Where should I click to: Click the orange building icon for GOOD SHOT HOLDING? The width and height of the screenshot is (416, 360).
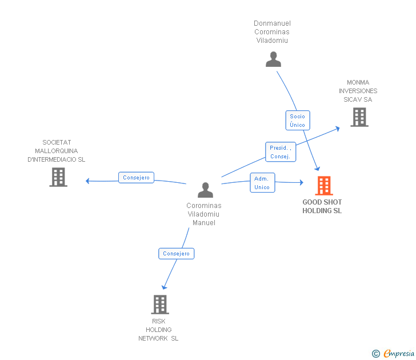click(x=324, y=186)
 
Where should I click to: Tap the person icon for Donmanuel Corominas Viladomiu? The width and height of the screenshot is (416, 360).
click(x=273, y=59)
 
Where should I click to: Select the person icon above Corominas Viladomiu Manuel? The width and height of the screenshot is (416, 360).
click(x=205, y=190)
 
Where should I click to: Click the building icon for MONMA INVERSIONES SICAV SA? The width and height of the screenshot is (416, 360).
click(x=359, y=117)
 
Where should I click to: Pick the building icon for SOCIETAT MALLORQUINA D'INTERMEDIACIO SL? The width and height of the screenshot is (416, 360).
click(x=58, y=177)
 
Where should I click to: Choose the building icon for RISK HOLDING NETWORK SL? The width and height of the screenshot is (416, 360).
click(x=160, y=305)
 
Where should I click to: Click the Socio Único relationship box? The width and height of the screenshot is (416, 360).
click(x=298, y=121)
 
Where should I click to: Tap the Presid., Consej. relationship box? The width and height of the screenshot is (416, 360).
click(x=281, y=152)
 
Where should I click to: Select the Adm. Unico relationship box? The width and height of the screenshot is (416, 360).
click(x=262, y=182)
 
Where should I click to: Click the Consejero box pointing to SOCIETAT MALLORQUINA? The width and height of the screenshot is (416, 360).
click(x=136, y=178)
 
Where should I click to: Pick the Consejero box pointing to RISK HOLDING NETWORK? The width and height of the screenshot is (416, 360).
click(x=177, y=253)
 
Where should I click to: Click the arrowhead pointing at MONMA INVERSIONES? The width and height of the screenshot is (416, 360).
click(x=338, y=129)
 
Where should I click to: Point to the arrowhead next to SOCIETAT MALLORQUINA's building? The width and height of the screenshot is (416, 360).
click(x=87, y=181)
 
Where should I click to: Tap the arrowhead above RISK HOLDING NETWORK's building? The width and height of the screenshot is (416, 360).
click(x=164, y=287)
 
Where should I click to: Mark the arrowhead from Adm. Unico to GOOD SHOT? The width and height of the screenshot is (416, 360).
click(x=301, y=182)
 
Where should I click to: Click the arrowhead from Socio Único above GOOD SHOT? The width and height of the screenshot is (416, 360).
click(x=317, y=169)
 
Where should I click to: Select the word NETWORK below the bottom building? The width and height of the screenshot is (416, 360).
click(x=153, y=338)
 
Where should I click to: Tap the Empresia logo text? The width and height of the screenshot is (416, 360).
click(x=399, y=353)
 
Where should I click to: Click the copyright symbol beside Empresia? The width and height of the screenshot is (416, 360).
click(x=376, y=354)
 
